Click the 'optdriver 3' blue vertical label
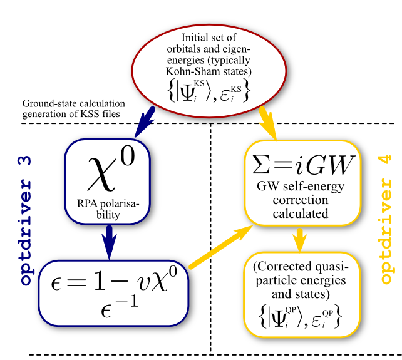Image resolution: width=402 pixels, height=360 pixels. point(25,220)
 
